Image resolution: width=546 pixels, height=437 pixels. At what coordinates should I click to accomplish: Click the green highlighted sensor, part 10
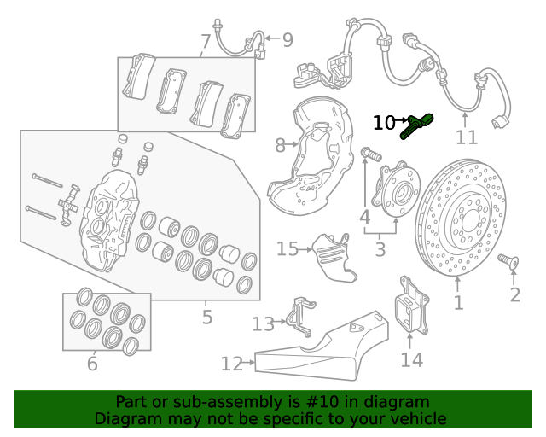417,126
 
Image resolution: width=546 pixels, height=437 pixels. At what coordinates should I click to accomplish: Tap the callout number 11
467,137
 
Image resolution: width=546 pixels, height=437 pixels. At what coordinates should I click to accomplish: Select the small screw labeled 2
508,261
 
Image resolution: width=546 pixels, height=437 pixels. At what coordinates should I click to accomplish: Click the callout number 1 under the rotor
459,302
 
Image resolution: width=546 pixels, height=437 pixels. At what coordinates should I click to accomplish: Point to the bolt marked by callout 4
372,154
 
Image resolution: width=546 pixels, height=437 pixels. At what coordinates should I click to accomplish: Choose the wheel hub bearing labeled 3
396,189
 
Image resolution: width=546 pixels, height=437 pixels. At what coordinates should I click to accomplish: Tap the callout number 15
288,249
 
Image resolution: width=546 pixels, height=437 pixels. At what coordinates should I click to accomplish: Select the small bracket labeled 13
300,317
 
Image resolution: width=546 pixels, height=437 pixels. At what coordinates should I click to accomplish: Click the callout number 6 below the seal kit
92,364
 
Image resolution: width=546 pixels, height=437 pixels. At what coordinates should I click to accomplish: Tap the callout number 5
206,317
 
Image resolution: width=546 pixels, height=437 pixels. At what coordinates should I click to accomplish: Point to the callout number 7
206,42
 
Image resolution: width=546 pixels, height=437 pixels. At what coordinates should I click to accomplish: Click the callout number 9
288,40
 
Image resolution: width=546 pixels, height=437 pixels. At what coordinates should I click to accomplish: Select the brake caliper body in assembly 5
108,220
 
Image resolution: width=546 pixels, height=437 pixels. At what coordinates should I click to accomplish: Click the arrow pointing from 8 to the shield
292,144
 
